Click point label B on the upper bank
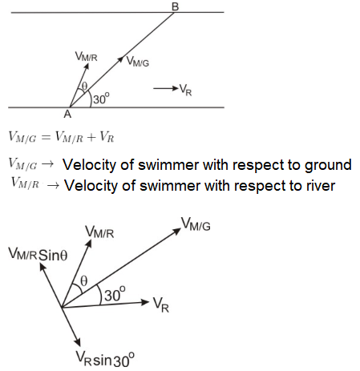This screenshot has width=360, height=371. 175,6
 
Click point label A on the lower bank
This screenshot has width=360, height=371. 67,114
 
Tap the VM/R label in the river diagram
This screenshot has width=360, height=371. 86,56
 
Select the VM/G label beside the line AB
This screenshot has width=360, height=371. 137,62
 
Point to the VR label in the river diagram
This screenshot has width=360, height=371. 185,90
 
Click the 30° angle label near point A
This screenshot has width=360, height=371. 101,99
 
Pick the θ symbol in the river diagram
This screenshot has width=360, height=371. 84,86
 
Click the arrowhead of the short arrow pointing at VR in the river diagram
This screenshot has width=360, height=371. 176,88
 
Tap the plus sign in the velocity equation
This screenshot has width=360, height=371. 91,137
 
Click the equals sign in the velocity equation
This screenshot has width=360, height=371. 46,137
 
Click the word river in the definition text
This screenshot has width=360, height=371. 321,185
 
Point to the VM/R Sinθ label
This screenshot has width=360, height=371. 38,254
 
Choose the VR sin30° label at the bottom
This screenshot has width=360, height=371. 105,359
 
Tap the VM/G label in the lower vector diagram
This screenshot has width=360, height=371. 196,224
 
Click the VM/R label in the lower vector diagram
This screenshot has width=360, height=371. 99,232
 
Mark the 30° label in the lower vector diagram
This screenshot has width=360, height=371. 115,294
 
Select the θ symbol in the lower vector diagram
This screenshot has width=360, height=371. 84,281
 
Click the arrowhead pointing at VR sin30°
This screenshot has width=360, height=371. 78,342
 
